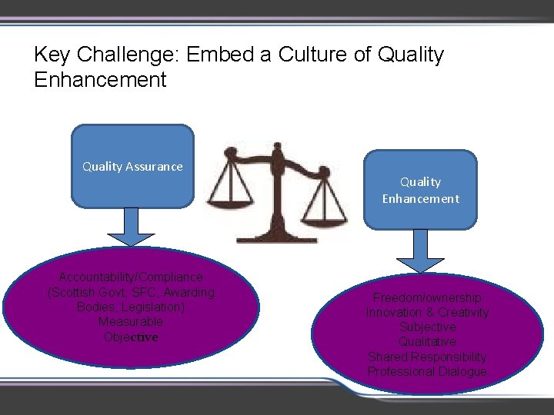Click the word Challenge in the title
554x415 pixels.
pos(137,55)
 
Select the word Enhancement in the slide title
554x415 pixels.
pos(100,79)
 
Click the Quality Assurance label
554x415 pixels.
pos(132,166)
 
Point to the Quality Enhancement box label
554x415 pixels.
pos(420,190)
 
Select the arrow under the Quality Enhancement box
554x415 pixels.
pos(419,251)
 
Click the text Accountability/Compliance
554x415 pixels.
pos(131,277)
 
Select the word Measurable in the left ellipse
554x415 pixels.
pos(131,322)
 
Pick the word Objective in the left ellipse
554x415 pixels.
pos(131,337)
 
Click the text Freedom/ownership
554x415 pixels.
pos(427,298)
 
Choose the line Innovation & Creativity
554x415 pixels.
pos(427,313)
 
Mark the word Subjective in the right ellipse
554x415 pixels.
pos(427,327)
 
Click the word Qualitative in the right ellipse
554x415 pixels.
pos(427,342)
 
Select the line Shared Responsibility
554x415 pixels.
pos(427,357)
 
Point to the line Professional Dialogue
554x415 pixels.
pos(427,372)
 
